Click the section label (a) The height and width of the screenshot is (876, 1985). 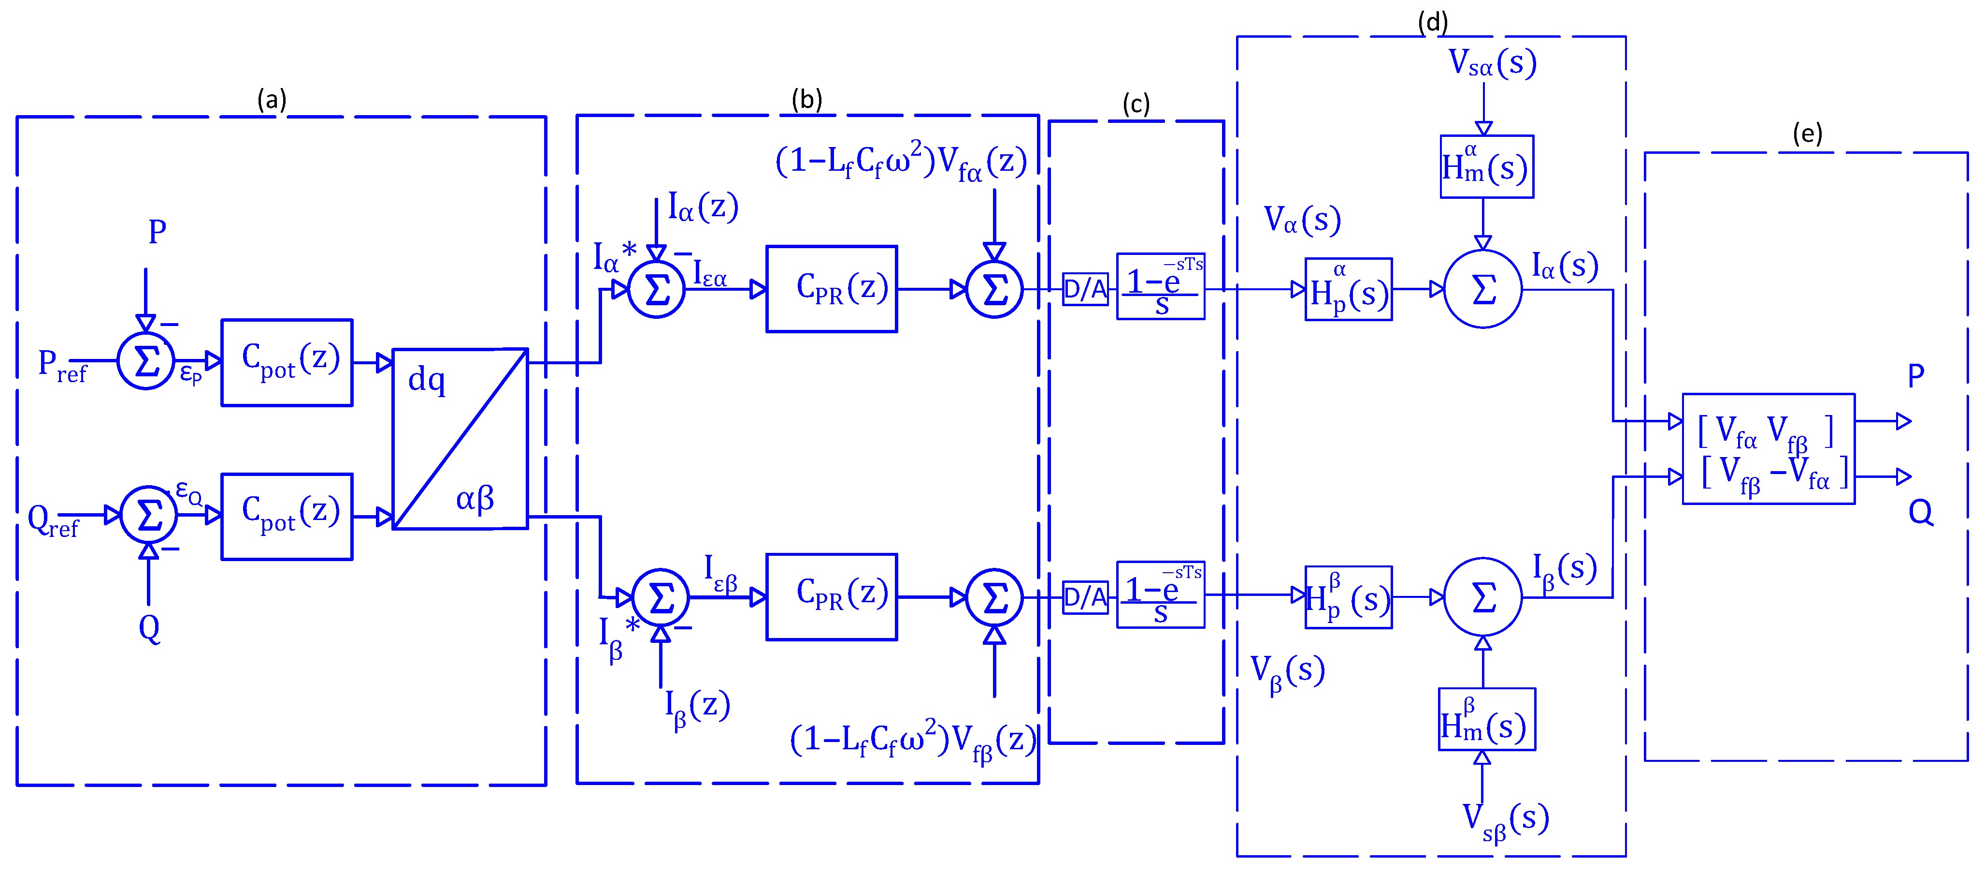tap(271, 100)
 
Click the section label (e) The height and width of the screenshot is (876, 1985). tap(1807, 134)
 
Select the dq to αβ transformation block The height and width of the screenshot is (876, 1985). tap(460, 439)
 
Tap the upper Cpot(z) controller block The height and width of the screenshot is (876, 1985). tap(287, 362)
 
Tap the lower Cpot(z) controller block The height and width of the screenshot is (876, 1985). tap(287, 517)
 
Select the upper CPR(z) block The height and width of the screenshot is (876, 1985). tap(832, 289)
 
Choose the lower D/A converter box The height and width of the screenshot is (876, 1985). tap(1085, 597)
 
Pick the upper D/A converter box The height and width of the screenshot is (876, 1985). tap(1085, 289)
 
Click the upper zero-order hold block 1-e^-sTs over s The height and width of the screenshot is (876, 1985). tap(1161, 286)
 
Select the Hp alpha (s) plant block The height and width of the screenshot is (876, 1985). tap(1349, 289)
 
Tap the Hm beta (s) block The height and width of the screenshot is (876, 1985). tap(1486, 719)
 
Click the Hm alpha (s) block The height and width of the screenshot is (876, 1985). tap(1486, 166)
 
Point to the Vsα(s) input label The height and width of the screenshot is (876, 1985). tap(1492, 63)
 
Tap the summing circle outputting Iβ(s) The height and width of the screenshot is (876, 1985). tap(1482, 597)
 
